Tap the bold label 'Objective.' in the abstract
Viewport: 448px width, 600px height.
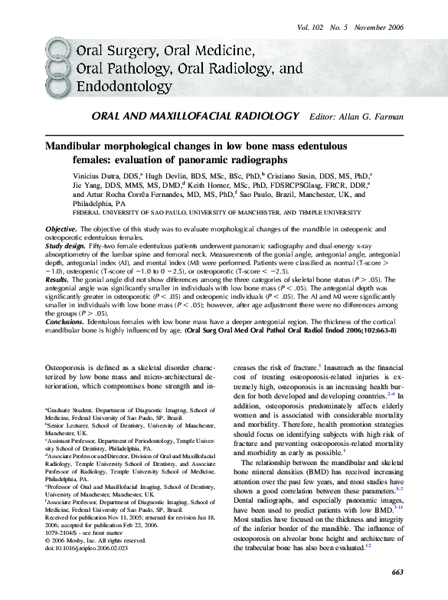point(61,230)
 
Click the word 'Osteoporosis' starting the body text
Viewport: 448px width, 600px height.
point(70,369)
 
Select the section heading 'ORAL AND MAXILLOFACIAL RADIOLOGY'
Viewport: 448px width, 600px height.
point(195,116)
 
